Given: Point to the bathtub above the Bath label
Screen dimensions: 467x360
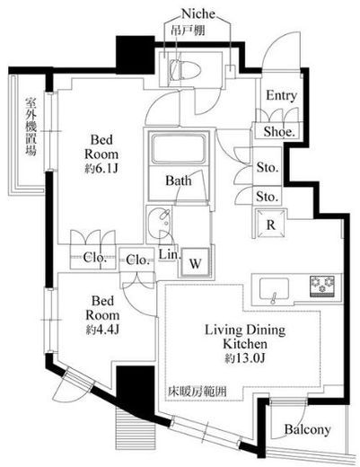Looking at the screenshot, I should tap(178, 150).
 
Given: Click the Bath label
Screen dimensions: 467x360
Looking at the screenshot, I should tap(177, 181).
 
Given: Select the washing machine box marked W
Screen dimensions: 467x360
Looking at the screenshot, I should tap(197, 261).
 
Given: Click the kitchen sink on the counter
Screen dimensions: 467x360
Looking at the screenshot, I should tap(273, 288).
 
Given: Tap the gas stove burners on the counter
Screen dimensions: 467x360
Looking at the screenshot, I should tap(320, 286).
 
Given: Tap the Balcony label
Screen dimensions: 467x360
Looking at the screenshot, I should tap(308, 429).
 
